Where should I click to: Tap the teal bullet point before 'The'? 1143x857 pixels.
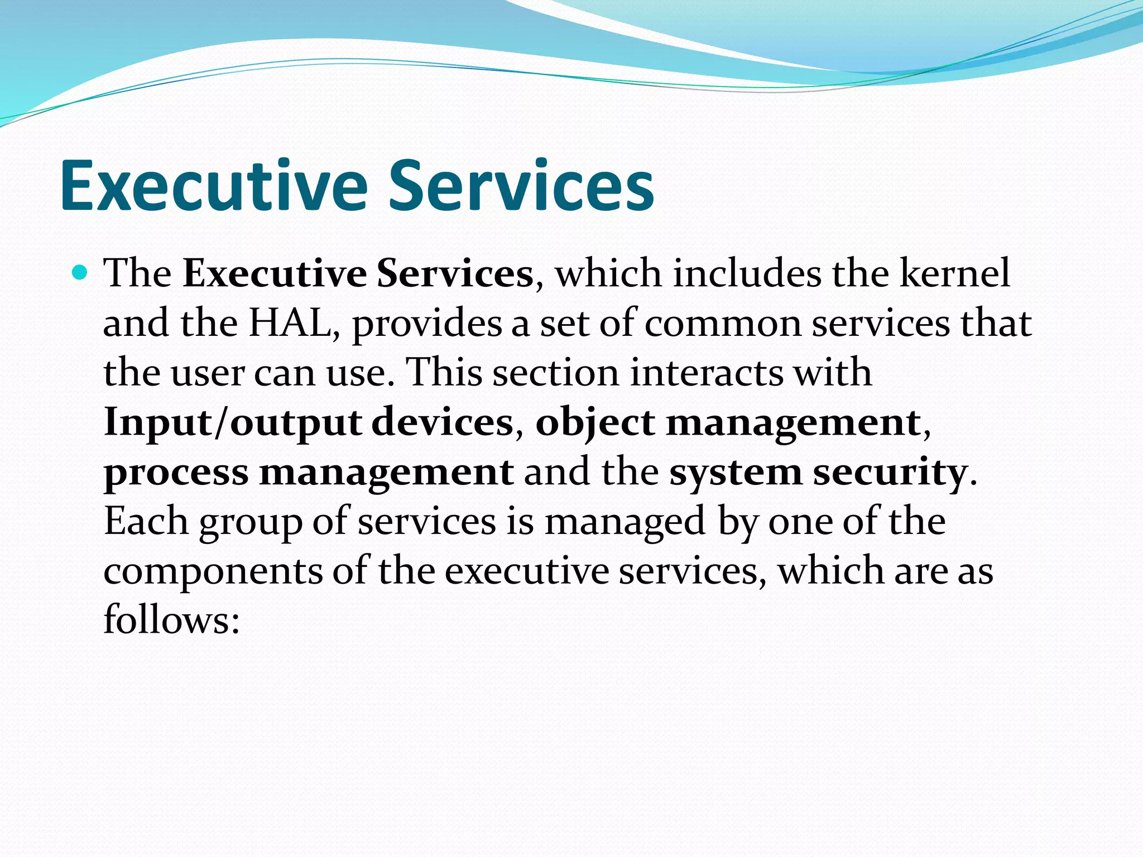(x=81, y=273)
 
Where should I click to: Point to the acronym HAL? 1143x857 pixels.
(x=290, y=323)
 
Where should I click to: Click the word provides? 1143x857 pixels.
(x=427, y=324)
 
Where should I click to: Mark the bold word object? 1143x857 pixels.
(x=595, y=423)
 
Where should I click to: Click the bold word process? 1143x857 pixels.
(x=176, y=473)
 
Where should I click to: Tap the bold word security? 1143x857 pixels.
(x=890, y=472)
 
